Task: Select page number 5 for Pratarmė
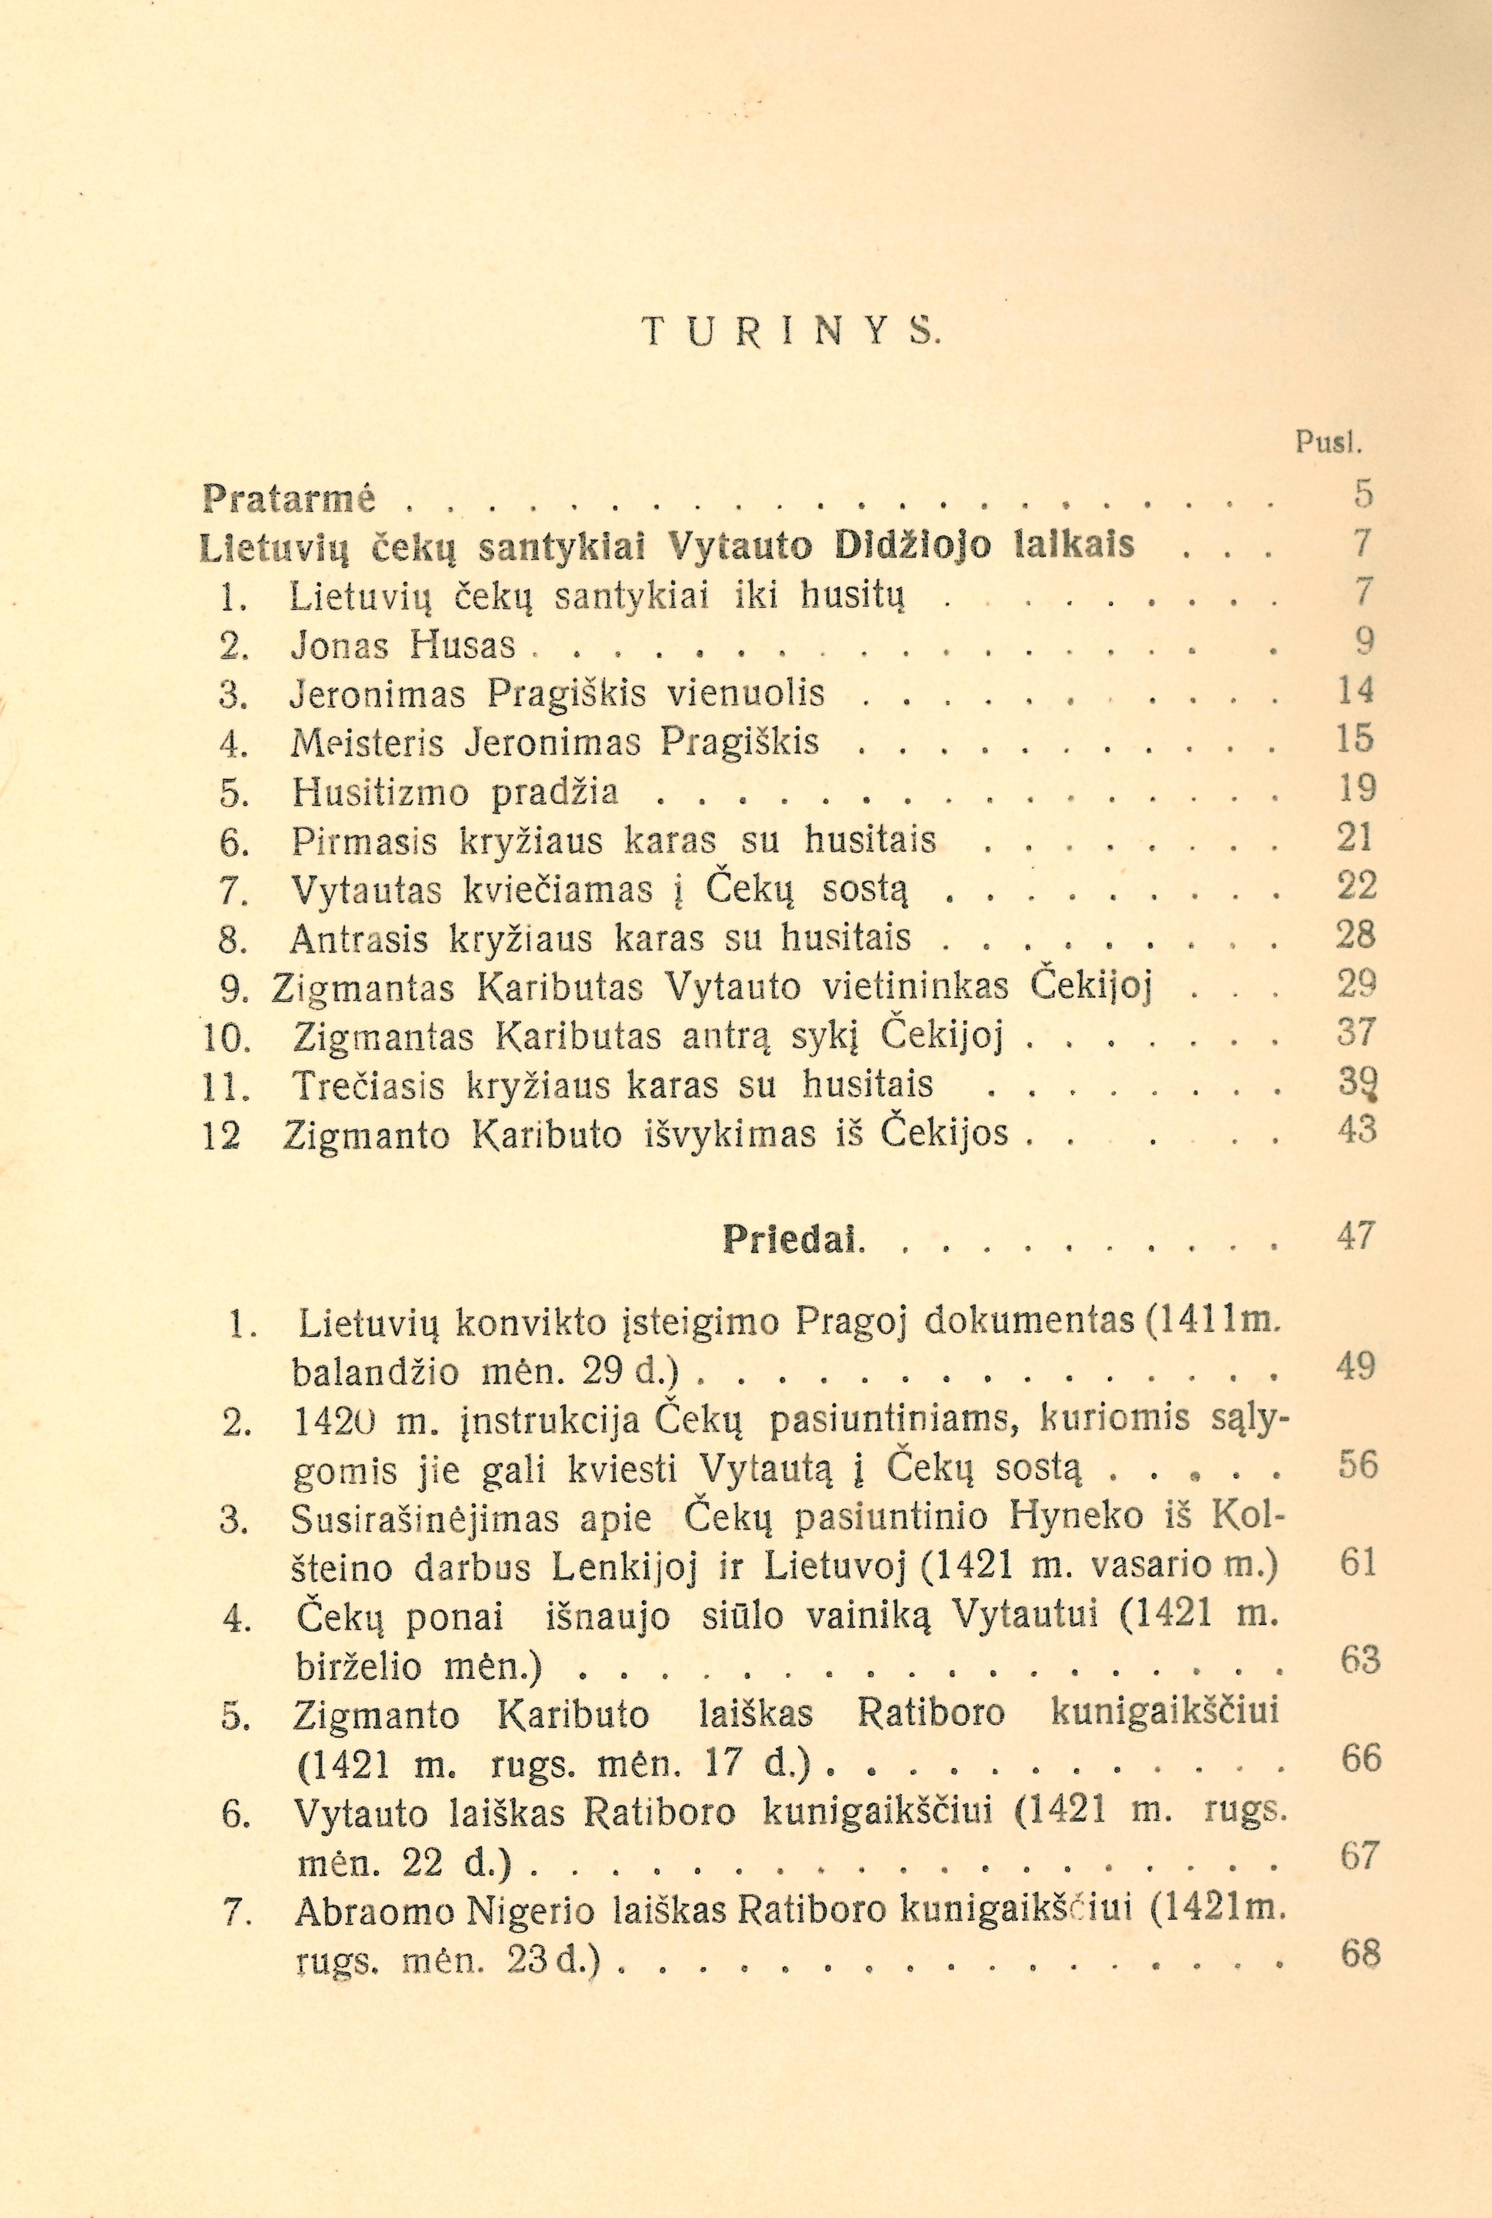coord(1364,494)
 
